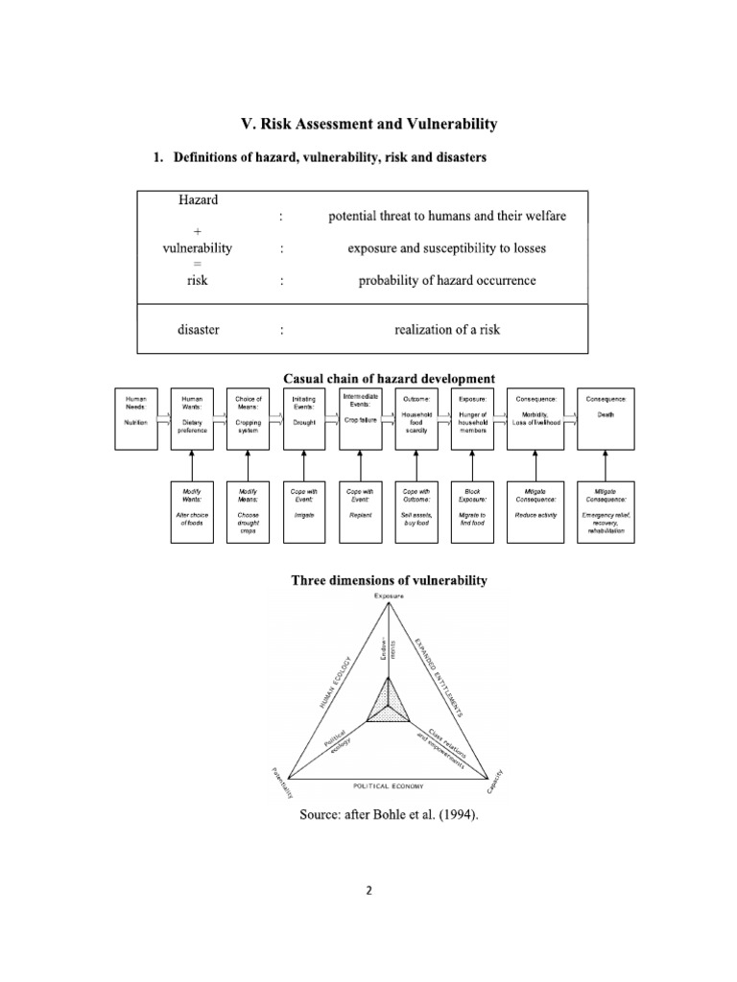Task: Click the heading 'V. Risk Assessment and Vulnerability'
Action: pyautogui.click(x=368, y=124)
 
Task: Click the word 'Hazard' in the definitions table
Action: pyautogui.click(x=199, y=200)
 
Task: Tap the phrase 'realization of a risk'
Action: pyautogui.click(x=446, y=330)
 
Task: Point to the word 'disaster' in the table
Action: pyautogui.click(x=199, y=330)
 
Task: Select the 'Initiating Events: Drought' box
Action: pyautogui.click(x=304, y=417)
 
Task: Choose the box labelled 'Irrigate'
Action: pyautogui.click(x=304, y=510)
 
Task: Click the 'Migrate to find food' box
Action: pyautogui.click(x=472, y=510)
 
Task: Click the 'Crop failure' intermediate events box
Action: pyautogui.click(x=361, y=417)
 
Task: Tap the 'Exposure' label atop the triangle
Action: pyautogui.click(x=389, y=596)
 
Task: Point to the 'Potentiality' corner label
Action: pyautogui.click(x=281, y=783)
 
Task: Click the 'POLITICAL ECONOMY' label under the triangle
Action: pyautogui.click(x=388, y=784)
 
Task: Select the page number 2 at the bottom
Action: pyautogui.click(x=368, y=889)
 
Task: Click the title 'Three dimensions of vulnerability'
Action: pyautogui.click(x=389, y=580)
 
